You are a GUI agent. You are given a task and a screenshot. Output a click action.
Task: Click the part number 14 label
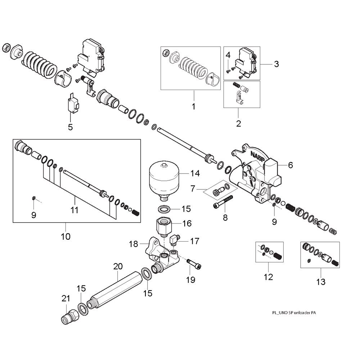point(195,174)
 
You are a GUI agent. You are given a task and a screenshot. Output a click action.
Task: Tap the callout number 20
point(118,267)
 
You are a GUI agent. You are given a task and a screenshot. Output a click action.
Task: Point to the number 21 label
point(65,298)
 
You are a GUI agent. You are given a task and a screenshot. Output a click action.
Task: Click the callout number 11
point(74,210)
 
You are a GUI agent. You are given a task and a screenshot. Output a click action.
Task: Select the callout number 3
point(276,64)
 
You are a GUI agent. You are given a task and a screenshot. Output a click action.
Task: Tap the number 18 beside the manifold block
point(134,244)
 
